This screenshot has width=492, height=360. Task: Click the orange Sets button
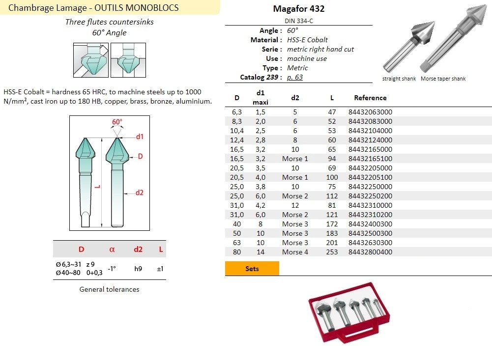pos(252,269)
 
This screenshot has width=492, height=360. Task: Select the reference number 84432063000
pos(370,112)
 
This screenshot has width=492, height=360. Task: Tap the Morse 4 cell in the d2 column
pos(295,252)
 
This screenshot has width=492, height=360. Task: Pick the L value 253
pos(332,252)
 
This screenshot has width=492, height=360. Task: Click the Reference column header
pos(370,98)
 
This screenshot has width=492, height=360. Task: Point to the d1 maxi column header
pos(260,98)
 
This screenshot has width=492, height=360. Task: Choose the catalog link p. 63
pos(294,77)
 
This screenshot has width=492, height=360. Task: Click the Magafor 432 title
pos(299,9)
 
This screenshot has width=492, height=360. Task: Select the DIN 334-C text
pos(299,21)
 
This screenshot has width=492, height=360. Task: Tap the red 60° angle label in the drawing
pos(117,122)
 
